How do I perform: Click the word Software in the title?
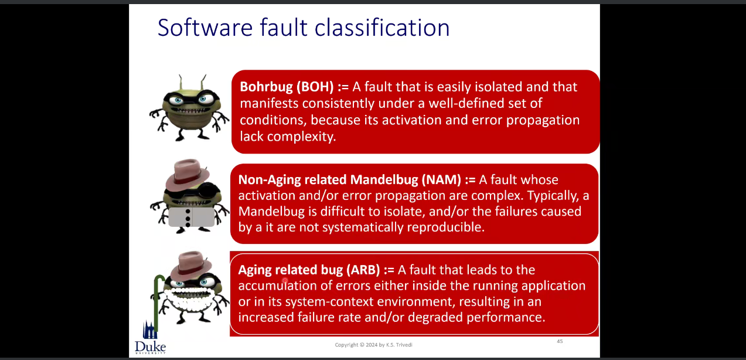coord(205,28)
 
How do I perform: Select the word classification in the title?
coord(382,28)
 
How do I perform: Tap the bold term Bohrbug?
coord(267,87)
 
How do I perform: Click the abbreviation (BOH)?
coord(315,87)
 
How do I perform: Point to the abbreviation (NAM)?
coord(441,179)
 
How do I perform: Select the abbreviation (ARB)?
coord(363,270)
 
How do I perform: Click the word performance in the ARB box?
coord(506,317)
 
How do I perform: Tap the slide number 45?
coord(560,341)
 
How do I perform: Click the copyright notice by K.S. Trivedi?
coord(374,345)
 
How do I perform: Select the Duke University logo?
coord(150,338)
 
